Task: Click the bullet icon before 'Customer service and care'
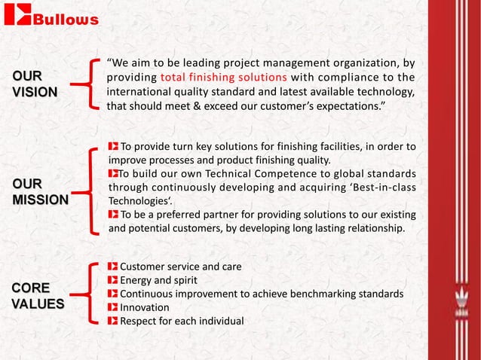[113, 267]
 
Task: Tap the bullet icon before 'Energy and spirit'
[113, 281]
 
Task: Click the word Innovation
[145, 308]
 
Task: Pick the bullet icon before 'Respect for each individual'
[113, 322]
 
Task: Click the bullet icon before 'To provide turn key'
[113, 146]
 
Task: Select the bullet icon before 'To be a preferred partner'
[113, 214]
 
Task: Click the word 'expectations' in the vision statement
[347, 106]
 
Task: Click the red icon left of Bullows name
[18, 17]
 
